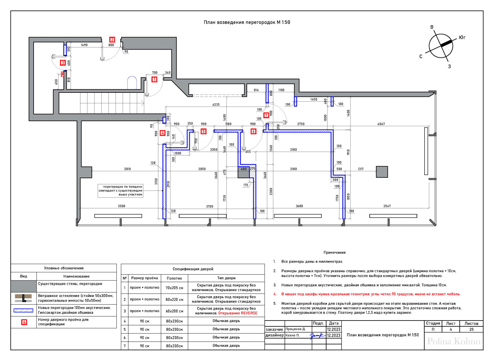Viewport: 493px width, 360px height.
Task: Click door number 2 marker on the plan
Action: click(112, 40)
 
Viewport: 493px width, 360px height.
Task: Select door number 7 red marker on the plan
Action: click(266, 115)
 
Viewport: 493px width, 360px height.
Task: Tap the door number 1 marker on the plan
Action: click(154, 80)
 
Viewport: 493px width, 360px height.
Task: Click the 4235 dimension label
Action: click(216, 104)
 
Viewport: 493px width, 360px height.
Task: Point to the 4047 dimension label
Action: click(381, 124)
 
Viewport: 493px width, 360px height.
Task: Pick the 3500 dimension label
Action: click(121, 206)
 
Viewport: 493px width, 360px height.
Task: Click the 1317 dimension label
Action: click(361, 169)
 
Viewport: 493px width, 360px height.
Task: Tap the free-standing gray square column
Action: click(382, 172)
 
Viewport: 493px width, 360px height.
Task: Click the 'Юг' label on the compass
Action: click(462, 38)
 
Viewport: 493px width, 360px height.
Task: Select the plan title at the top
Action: click(247, 22)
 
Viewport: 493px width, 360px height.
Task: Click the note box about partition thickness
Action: click(120, 191)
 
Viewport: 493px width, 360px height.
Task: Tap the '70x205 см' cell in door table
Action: click(174, 288)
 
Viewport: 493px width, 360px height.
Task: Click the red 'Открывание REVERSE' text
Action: click(238, 313)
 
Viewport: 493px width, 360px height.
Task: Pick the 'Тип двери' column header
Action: click(226, 278)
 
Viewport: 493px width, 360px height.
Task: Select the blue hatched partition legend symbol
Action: click(23, 310)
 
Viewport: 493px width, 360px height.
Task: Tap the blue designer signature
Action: click(318, 336)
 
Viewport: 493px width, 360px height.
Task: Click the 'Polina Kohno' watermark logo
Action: click(454, 342)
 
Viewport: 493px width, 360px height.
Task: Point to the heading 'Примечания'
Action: click(334, 252)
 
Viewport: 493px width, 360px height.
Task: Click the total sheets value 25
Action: click(471, 329)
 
